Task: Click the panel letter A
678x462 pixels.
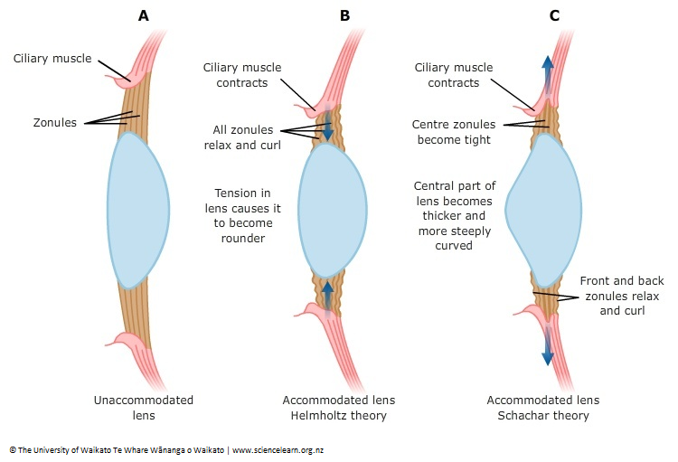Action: click(143, 15)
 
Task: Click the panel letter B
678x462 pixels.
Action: click(344, 15)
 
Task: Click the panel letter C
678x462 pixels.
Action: click(554, 15)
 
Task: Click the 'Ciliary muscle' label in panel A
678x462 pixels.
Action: click(52, 59)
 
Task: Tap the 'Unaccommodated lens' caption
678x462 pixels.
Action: click(143, 408)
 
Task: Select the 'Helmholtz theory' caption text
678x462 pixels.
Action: click(339, 416)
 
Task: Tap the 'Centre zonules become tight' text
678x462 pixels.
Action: click(451, 132)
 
